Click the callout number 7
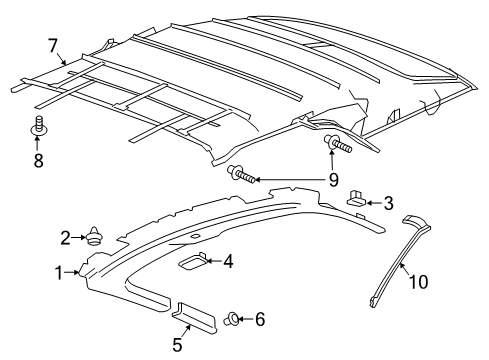click(53, 45)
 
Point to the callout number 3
click(388, 202)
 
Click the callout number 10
click(418, 283)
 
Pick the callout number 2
click(65, 237)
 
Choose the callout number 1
click(59, 272)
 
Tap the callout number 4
click(228, 262)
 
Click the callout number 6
click(260, 320)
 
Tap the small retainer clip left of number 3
click(358, 200)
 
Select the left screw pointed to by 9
click(243, 176)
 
